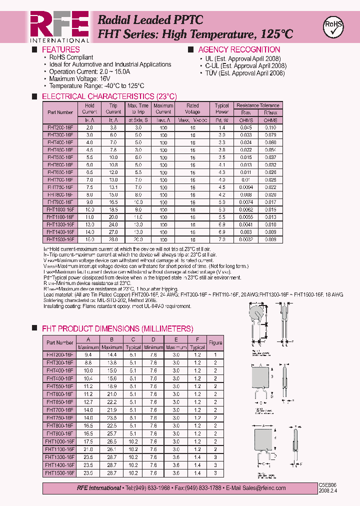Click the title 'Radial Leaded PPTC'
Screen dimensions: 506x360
click(150, 20)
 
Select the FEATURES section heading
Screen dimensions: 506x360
click(60, 49)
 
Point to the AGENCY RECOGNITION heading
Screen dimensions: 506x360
click(239, 49)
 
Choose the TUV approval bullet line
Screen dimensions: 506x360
click(245, 73)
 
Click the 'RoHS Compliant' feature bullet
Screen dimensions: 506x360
click(71, 57)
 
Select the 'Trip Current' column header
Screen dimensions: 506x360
click(113, 109)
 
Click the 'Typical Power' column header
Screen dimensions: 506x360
click(221, 109)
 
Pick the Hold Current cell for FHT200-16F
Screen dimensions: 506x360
click(89, 127)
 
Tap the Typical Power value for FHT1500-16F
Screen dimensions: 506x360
click(221, 239)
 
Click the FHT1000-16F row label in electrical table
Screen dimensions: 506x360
click(60, 209)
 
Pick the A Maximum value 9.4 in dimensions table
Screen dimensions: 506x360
click(88, 354)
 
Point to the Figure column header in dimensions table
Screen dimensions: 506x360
click(215, 343)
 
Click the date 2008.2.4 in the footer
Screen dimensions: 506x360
click(328, 491)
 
